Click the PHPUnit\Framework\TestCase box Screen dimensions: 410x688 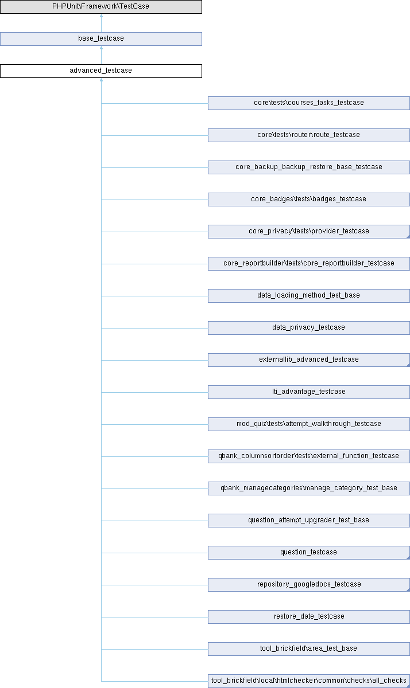[101, 7]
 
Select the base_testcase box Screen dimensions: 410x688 [101, 39]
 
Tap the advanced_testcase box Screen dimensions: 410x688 [101, 71]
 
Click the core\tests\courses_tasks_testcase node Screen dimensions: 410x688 [309, 103]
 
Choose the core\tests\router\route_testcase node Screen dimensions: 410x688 [309, 135]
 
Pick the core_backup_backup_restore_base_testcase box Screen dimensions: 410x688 [309, 167]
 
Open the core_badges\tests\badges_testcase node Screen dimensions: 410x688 [309, 200]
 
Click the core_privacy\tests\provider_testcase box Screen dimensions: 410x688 [309, 232]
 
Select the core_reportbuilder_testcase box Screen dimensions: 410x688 [309, 264]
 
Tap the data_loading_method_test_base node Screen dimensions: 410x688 [309, 296]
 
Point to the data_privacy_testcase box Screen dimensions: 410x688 [309, 328]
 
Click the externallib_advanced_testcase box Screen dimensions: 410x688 [309, 360]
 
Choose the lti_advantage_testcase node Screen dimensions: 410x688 [309, 392]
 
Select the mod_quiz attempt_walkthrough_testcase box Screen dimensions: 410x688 [309, 424]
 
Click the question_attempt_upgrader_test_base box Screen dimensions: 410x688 [309, 521]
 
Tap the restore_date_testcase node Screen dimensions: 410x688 [309, 617]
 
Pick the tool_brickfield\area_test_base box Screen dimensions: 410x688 [309, 649]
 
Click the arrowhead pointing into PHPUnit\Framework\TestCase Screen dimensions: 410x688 [101, 15]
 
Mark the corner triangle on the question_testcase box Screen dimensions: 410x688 [408, 557]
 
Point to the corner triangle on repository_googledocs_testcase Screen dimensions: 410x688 [408, 589]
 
